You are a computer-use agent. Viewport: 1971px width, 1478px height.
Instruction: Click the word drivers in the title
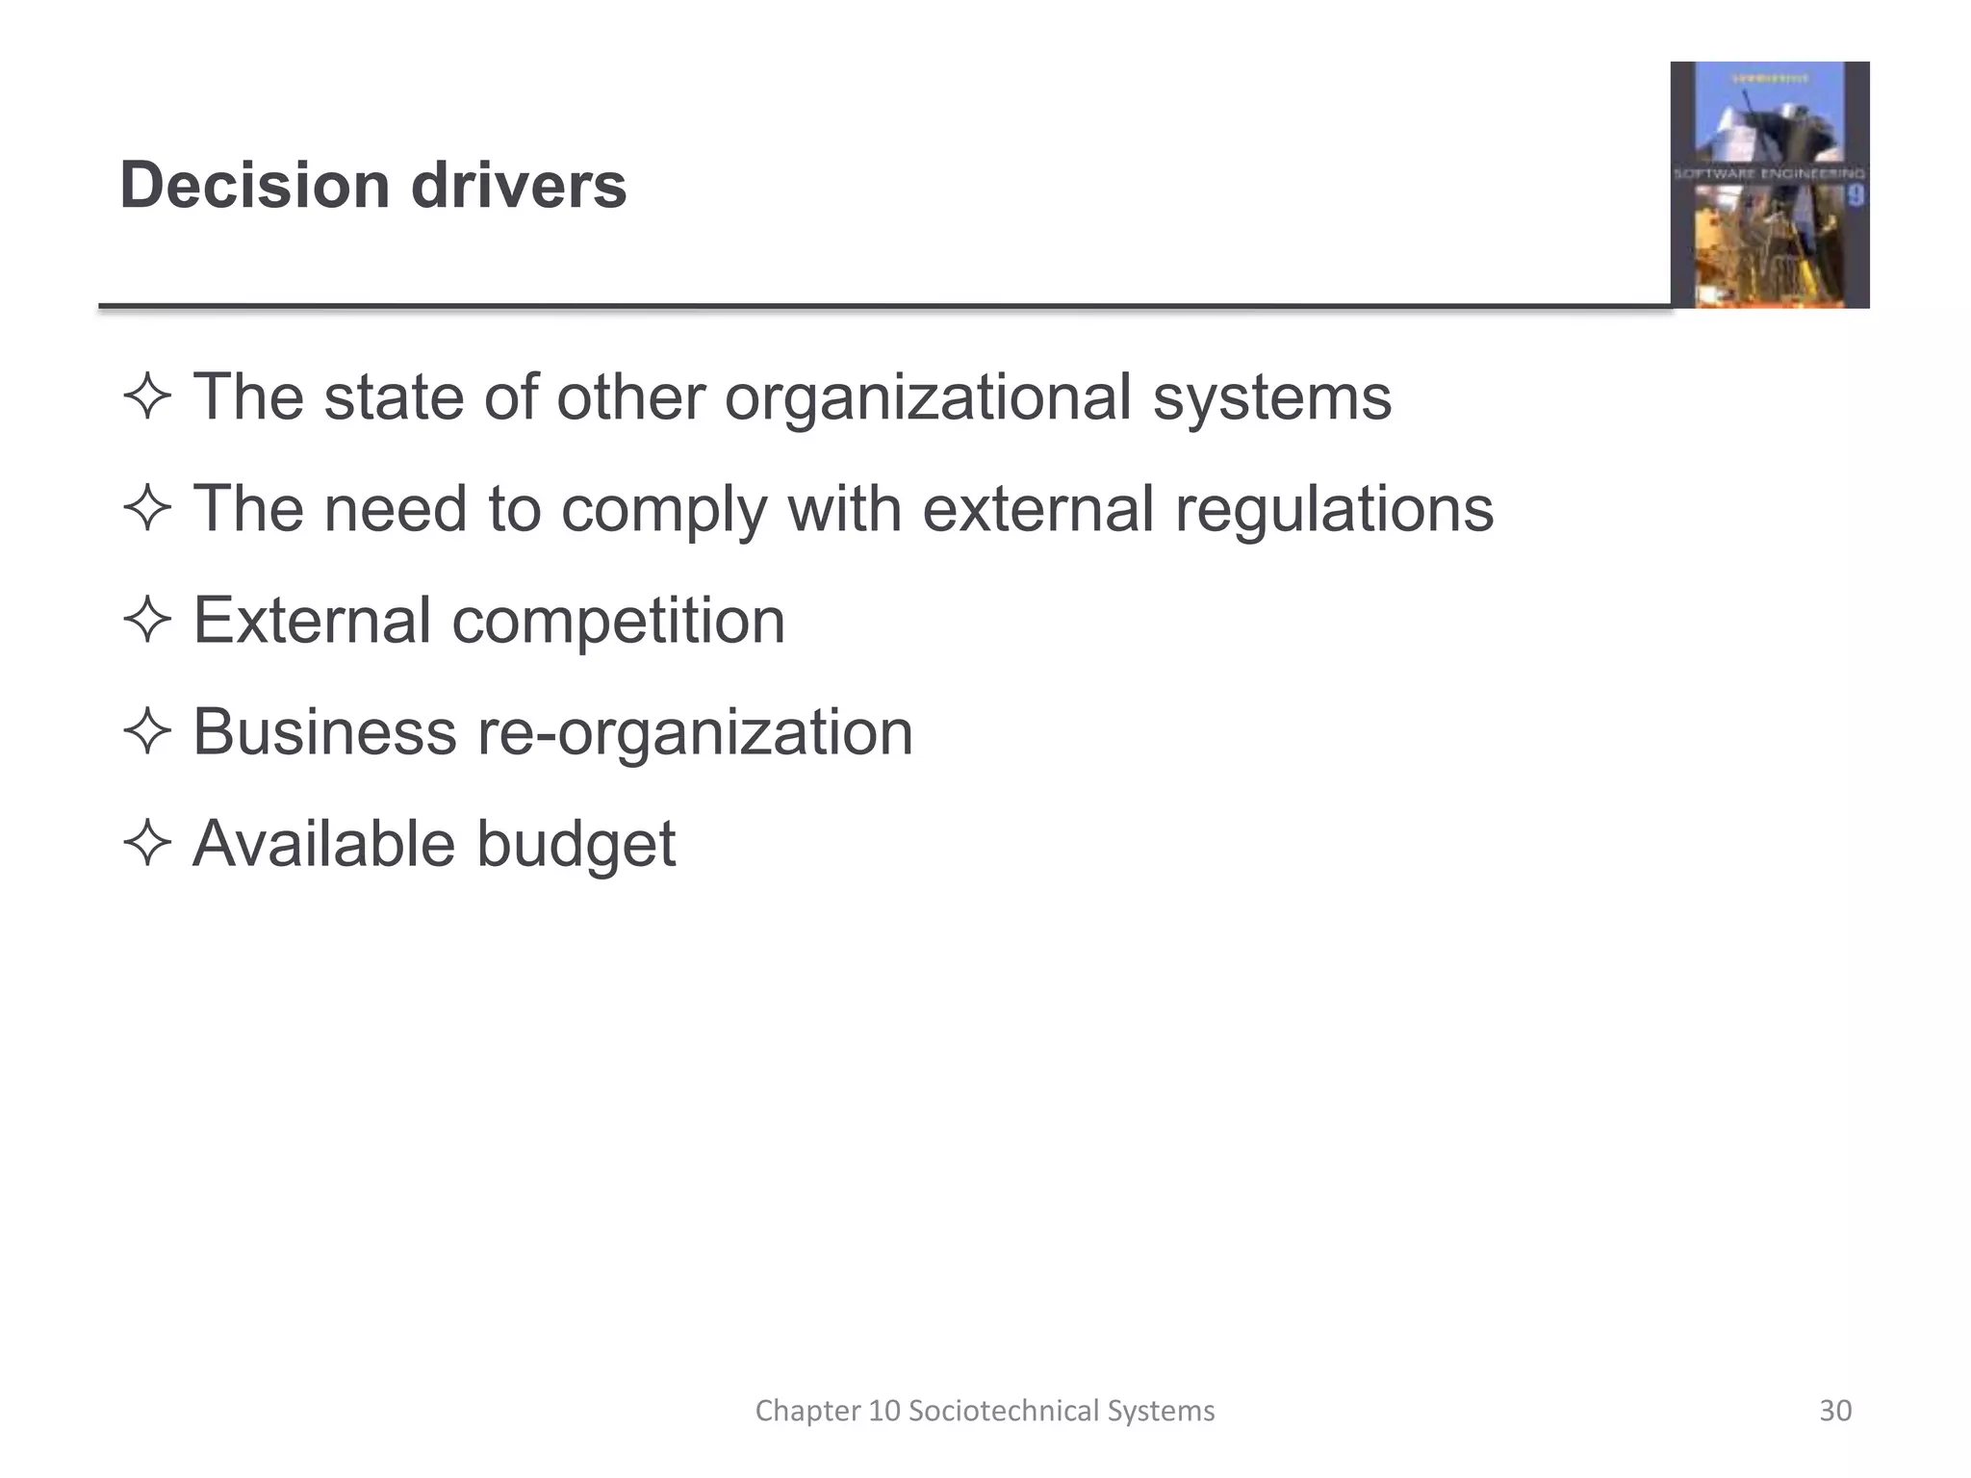coord(519,185)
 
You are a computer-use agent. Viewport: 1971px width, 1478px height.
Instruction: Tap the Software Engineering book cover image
coord(1769,185)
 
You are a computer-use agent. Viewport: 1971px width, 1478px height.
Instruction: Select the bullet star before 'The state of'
coord(147,396)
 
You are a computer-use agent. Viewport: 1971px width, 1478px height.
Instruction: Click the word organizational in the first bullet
coord(928,398)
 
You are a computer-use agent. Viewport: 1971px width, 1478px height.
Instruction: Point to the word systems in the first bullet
coord(1272,398)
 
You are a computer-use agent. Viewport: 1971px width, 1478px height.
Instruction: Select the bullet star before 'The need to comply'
coord(147,508)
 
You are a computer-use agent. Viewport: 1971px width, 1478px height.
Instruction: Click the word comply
coord(664,510)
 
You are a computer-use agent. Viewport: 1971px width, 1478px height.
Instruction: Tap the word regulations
coord(1334,510)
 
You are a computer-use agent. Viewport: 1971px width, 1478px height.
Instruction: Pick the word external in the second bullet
coord(1037,508)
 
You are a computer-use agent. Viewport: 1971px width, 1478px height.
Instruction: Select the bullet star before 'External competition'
coord(147,620)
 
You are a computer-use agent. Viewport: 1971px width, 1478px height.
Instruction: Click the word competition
coord(618,622)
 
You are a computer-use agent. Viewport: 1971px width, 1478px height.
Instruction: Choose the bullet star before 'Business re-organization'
coord(147,731)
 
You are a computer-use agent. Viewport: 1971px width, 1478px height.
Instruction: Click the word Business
coord(324,731)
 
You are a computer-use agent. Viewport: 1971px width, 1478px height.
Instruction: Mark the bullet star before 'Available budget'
coord(147,843)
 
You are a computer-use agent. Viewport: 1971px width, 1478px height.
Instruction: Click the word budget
coord(576,845)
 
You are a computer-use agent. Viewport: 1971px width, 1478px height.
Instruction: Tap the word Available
coord(324,843)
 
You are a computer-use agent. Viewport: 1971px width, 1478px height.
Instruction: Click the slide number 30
coord(1835,1411)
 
